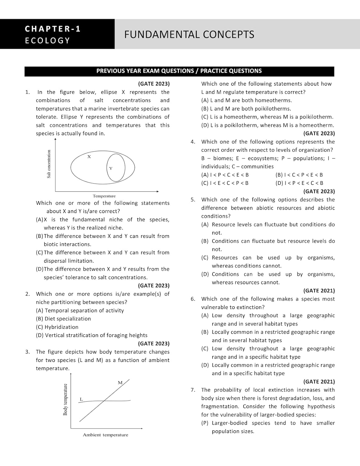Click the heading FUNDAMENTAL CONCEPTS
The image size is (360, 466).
coord(189,34)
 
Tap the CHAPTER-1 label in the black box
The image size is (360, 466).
coord(53,29)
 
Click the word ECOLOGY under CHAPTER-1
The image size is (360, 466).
coord(48,41)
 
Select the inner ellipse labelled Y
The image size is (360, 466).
coord(116,168)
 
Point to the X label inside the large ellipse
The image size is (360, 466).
coord(89,157)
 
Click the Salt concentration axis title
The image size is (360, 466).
coord(49,164)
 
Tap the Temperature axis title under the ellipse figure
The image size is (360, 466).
coord(104,196)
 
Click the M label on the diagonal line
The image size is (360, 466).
coord(120,382)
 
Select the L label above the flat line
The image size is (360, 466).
coord(81,399)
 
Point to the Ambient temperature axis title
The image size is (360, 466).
coord(105,435)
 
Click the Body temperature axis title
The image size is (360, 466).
coord(65,399)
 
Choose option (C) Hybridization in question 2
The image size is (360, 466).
coord(57,327)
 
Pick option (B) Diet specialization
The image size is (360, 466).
coord(63,319)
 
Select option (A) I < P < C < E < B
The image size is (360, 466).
coord(225,175)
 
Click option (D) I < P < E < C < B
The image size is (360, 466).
coord(299,183)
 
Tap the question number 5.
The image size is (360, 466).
coord(193,200)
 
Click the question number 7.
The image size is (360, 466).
coord(193,390)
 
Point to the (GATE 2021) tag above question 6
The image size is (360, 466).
coord(319,291)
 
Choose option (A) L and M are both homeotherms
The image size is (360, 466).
coord(247,100)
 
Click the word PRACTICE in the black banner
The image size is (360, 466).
coord(214,71)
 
